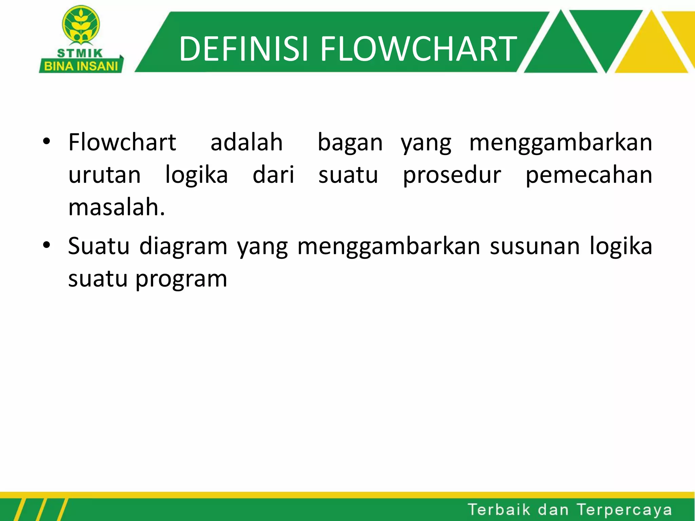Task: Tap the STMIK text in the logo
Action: point(80,53)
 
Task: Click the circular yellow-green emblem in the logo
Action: point(81,24)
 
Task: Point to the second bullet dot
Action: point(47,245)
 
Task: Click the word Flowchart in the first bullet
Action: point(122,142)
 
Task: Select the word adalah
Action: point(246,142)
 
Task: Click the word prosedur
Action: point(452,176)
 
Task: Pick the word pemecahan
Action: point(588,176)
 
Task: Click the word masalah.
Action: point(116,208)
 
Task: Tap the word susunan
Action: point(535,246)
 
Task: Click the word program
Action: point(181,279)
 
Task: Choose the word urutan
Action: point(104,176)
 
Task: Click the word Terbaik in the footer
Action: point(499,509)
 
